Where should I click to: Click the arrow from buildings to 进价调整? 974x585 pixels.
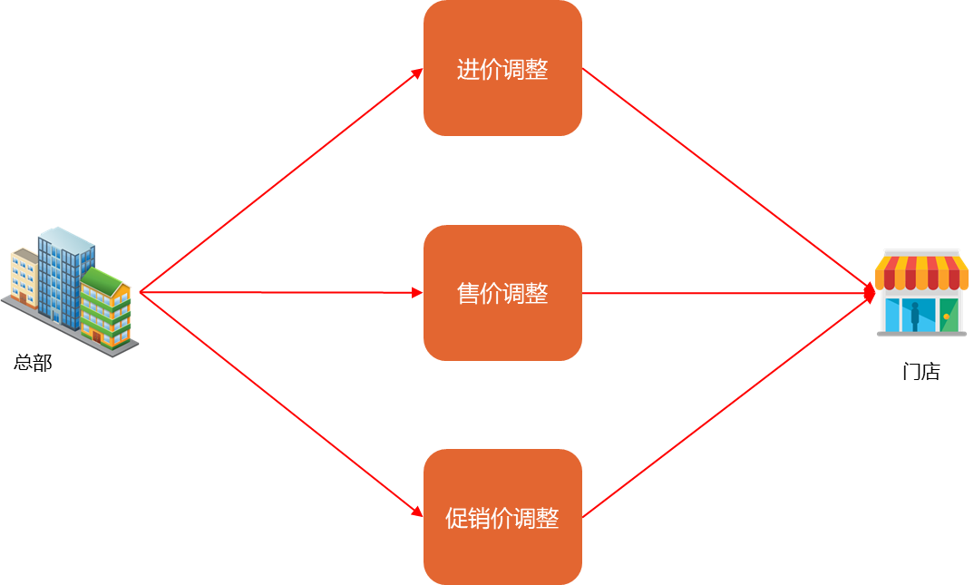(281, 180)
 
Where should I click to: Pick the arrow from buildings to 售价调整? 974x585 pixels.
(281, 293)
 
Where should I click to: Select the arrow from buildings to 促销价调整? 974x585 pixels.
(281, 405)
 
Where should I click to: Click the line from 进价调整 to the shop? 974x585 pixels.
(726, 179)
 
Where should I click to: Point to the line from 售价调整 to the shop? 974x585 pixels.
(726, 293)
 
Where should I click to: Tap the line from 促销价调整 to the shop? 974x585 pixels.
(726, 406)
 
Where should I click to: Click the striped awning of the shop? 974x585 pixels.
(920, 271)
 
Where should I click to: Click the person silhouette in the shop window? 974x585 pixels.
(915, 315)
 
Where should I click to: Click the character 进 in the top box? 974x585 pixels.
(468, 70)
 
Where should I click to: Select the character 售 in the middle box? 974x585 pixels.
(468, 294)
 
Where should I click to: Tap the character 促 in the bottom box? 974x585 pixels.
(456, 519)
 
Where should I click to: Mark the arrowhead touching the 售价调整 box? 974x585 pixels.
(417, 293)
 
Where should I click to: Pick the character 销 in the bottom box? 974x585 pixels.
(479, 519)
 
